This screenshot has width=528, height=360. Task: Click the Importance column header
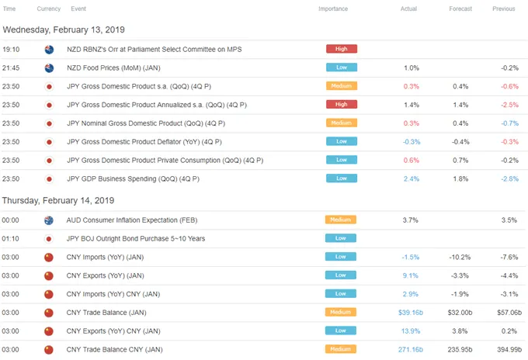pyautogui.click(x=333, y=9)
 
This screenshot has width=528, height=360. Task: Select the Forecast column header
pyautogui.click(x=460, y=9)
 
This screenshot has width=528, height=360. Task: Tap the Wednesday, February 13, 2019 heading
pyautogui.click(x=64, y=30)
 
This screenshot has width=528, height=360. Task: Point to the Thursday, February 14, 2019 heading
pyautogui.click(x=58, y=200)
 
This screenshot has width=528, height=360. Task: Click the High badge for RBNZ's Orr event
pyautogui.click(x=342, y=49)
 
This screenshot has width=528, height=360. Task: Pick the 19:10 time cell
pyautogui.click(x=11, y=50)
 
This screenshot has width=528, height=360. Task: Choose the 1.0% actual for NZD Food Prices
pyautogui.click(x=412, y=68)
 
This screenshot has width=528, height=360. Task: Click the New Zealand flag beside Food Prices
pyautogui.click(x=49, y=68)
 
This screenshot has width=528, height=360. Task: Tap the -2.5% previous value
pyautogui.click(x=509, y=105)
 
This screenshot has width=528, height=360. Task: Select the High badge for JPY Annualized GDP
pyautogui.click(x=342, y=104)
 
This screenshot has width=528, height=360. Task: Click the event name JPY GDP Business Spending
pyautogui.click(x=133, y=179)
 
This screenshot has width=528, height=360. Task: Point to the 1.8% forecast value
pyautogui.click(x=460, y=179)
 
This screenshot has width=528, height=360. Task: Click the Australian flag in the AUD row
pyautogui.click(x=49, y=220)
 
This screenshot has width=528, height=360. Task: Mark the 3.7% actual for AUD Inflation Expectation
pyautogui.click(x=410, y=220)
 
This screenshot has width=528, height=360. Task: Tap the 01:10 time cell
pyautogui.click(x=10, y=239)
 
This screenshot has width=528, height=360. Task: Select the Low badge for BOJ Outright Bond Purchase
pyautogui.click(x=340, y=238)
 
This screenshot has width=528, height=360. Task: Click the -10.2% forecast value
pyautogui.click(x=460, y=258)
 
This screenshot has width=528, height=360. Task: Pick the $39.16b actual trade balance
pyautogui.click(x=411, y=313)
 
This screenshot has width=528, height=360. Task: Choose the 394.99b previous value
pyautogui.click(x=509, y=350)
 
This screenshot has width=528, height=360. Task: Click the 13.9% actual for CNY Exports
pyautogui.click(x=411, y=331)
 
